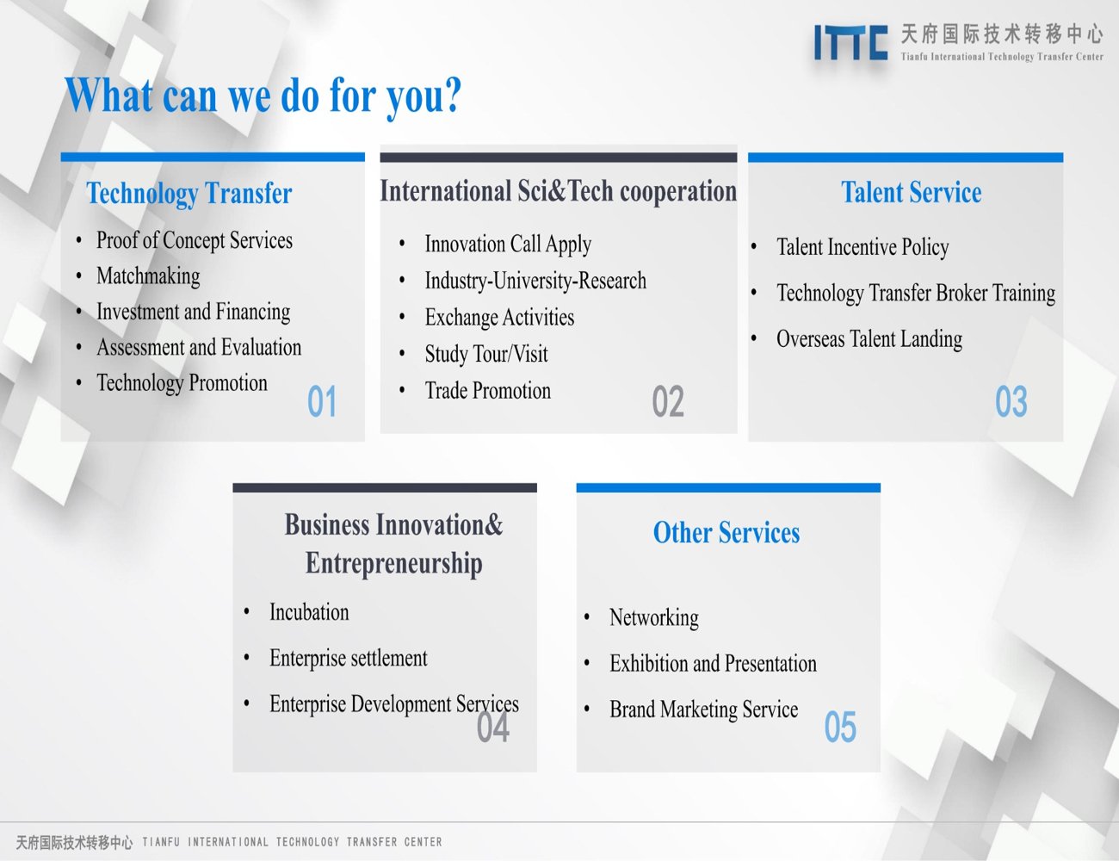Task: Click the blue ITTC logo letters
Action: click(850, 43)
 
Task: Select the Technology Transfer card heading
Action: click(189, 194)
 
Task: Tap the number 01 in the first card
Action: click(322, 401)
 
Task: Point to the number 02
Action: click(668, 401)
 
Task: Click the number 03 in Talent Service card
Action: click(1011, 401)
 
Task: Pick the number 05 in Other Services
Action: click(840, 727)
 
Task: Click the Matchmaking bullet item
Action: click(148, 276)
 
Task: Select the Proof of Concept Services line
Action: click(195, 241)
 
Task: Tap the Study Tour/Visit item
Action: click(486, 354)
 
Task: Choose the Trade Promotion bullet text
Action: click(488, 390)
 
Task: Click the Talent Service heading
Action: click(911, 193)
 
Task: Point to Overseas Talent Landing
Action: click(869, 339)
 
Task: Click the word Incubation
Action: click(309, 612)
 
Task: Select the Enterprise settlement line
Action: click(348, 658)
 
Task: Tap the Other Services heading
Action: click(726, 532)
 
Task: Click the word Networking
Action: click(654, 618)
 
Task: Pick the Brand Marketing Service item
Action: click(704, 709)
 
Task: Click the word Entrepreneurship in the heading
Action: click(394, 563)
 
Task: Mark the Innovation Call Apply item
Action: click(508, 245)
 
